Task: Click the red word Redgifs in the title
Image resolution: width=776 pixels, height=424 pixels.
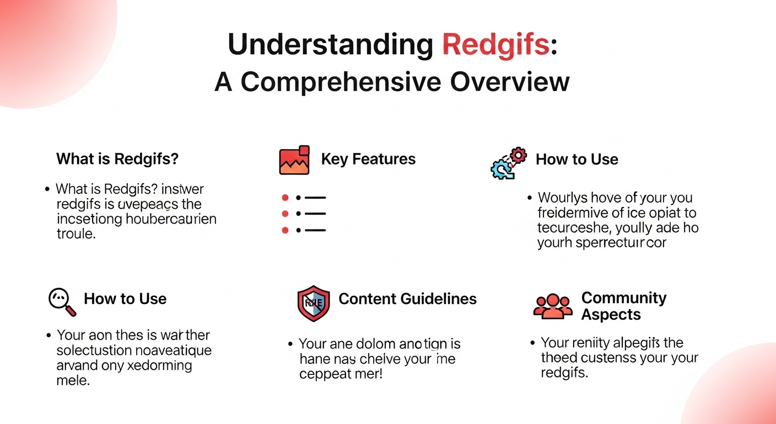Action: click(495, 45)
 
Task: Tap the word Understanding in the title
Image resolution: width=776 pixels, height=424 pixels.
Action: click(330, 45)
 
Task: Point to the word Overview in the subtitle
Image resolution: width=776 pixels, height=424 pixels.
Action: click(510, 82)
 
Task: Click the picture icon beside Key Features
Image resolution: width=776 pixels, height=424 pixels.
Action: click(294, 160)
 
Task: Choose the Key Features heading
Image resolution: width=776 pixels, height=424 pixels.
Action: click(368, 160)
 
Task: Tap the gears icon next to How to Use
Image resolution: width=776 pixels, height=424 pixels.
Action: click(508, 163)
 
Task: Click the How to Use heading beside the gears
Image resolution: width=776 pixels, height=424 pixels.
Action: click(576, 160)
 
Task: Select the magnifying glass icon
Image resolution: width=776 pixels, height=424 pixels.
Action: click(62, 301)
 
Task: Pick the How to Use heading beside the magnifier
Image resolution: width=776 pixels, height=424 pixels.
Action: click(125, 299)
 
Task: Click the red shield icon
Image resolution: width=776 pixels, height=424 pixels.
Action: click(314, 303)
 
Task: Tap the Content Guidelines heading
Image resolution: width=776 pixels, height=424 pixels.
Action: click(407, 299)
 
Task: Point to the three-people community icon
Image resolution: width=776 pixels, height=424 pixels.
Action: click(553, 306)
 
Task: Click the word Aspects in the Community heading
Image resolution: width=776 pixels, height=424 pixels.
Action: click(611, 315)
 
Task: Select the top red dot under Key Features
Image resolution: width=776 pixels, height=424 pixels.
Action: click(285, 197)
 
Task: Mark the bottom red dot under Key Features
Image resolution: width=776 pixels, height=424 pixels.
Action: click(285, 230)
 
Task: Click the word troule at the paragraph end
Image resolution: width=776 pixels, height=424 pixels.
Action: click(76, 234)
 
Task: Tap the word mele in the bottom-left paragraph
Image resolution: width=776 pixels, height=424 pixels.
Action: click(73, 380)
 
